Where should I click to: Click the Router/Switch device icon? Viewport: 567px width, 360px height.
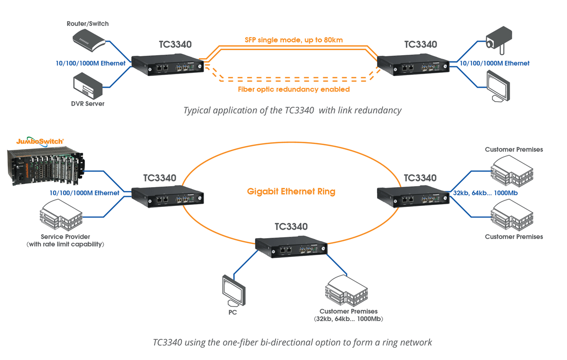(89, 41)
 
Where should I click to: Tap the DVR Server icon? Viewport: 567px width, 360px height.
(88, 86)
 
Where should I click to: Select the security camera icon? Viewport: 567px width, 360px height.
(499, 41)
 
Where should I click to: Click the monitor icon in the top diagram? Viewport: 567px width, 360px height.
(498, 86)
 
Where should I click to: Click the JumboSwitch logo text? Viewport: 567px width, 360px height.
(40, 141)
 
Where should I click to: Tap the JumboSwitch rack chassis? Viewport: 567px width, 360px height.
(45, 166)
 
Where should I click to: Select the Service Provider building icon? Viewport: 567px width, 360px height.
(61, 215)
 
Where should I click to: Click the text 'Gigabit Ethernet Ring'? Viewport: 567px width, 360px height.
(291, 191)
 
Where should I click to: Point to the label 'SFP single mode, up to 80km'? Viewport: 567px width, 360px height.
(293, 40)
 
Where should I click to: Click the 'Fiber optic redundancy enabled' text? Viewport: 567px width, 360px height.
(293, 89)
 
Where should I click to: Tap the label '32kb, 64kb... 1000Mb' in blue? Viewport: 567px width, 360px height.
(485, 193)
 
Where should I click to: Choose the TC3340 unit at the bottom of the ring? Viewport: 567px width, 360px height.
(291, 247)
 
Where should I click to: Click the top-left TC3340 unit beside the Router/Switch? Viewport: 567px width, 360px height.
(168, 64)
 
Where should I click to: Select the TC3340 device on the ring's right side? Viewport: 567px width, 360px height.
(413, 197)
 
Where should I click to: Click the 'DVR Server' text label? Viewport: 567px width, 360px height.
(87, 104)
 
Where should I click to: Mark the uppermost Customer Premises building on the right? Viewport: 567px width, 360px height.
(512, 171)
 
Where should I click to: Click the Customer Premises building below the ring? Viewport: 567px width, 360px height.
(346, 291)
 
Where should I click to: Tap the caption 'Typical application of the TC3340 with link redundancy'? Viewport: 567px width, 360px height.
(292, 111)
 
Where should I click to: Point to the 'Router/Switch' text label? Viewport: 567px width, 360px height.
(87, 24)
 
